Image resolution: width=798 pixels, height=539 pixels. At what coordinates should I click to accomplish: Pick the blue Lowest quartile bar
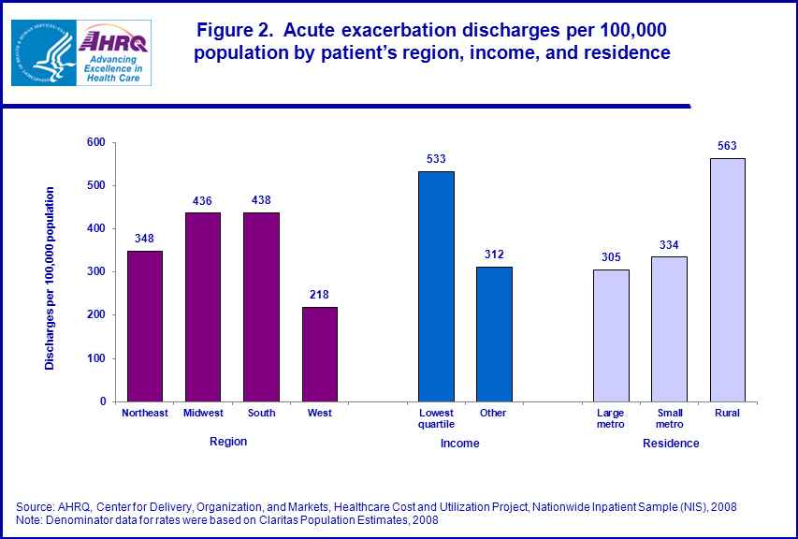click(436, 286)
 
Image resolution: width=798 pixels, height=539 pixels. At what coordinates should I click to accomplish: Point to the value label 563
click(728, 146)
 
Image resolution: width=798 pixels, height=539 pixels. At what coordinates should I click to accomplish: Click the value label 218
click(319, 295)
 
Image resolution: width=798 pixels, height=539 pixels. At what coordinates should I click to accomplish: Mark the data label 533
click(436, 159)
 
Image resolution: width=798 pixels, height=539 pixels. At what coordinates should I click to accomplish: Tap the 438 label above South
click(261, 200)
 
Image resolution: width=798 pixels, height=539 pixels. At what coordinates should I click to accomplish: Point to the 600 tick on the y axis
click(95, 143)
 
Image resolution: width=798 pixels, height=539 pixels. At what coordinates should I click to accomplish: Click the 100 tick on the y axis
click(95, 358)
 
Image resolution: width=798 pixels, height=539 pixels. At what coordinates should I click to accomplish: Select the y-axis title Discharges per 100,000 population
click(51, 278)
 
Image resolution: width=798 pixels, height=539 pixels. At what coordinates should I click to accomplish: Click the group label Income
click(459, 443)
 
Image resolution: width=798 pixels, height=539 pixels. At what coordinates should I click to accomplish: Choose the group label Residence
click(670, 443)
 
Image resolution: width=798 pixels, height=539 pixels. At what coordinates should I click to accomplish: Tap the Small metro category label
click(669, 417)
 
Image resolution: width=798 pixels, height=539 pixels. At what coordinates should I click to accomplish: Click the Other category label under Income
click(493, 413)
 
